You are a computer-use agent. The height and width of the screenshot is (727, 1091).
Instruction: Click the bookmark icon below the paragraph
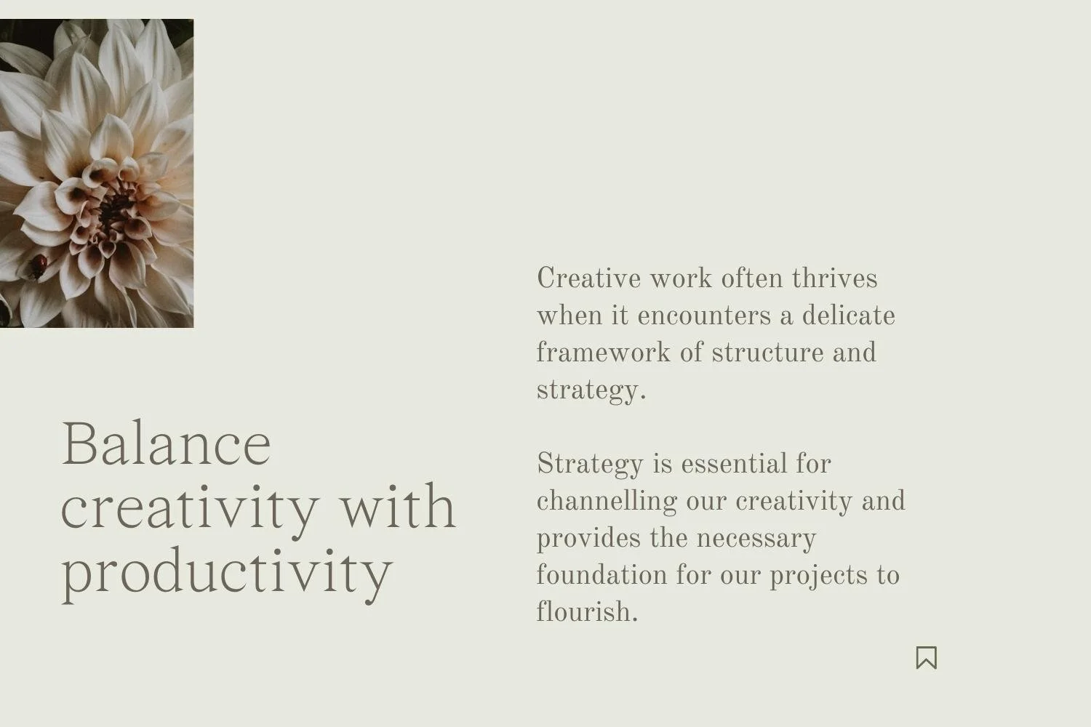point(926,657)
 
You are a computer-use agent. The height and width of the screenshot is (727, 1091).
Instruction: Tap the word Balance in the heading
point(167,443)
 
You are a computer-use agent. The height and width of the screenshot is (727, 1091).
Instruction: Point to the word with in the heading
point(399,507)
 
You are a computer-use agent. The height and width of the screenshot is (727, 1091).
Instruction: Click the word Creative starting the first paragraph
point(588,278)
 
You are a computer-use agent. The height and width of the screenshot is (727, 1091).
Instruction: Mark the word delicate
point(848,316)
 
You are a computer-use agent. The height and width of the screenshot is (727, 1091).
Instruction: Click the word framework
point(603,353)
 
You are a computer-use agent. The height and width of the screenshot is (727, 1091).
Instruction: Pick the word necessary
point(756,538)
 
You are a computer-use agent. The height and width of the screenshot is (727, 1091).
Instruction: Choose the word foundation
point(602,575)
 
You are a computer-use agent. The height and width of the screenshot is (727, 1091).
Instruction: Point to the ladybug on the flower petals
point(38,265)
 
